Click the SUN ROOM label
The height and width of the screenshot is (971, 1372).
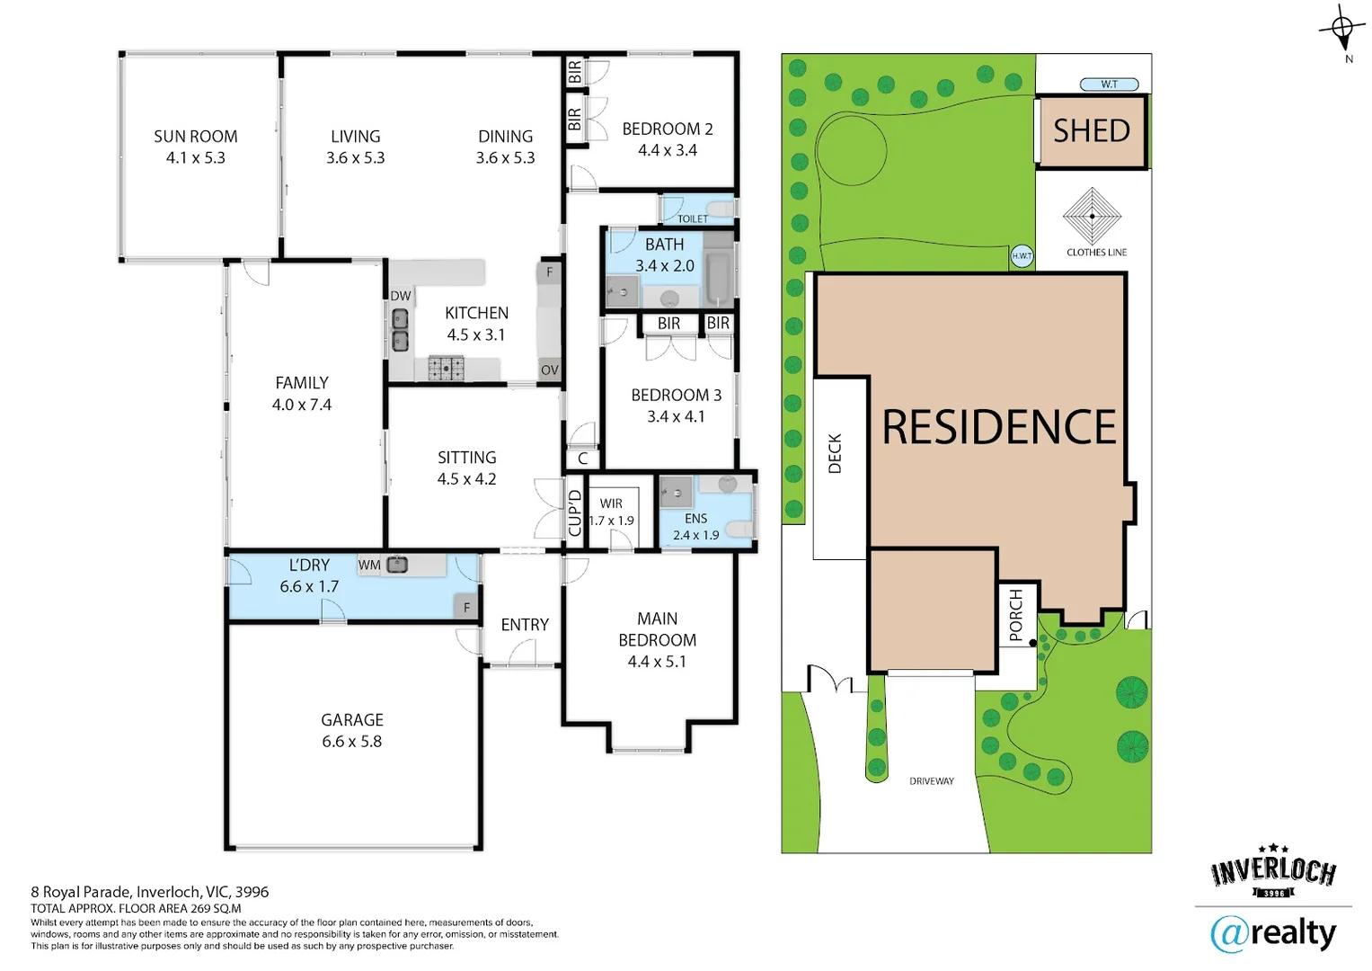pos(195,137)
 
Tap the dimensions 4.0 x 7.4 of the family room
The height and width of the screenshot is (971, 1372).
pos(302,405)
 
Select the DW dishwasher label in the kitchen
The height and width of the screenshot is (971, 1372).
pos(400,296)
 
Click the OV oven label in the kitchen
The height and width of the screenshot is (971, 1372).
pos(549,370)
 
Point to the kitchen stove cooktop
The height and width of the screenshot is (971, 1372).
pos(446,368)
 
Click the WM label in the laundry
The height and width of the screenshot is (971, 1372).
pos(369,566)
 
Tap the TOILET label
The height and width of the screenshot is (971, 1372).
pos(692,218)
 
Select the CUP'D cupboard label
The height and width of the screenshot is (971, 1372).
pos(575,512)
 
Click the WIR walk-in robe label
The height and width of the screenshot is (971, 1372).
pos(611,503)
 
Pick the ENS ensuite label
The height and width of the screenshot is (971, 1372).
pos(695,519)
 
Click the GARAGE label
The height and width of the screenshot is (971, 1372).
pos(352,720)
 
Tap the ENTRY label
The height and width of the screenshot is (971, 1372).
pos(525,625)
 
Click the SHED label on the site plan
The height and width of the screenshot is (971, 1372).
pos(1091,131)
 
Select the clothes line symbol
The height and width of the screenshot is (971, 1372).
pos(1092,217)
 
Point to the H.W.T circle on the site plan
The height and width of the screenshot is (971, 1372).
pos(1022,256)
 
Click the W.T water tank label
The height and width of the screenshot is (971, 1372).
pos(1109,85)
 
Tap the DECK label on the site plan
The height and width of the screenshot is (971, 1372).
pos(835,453)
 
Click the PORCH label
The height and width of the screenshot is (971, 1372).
pos(1015,615)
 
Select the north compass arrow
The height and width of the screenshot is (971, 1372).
pos(1342,30)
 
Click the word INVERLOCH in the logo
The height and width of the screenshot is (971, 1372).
pos(1273,870)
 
